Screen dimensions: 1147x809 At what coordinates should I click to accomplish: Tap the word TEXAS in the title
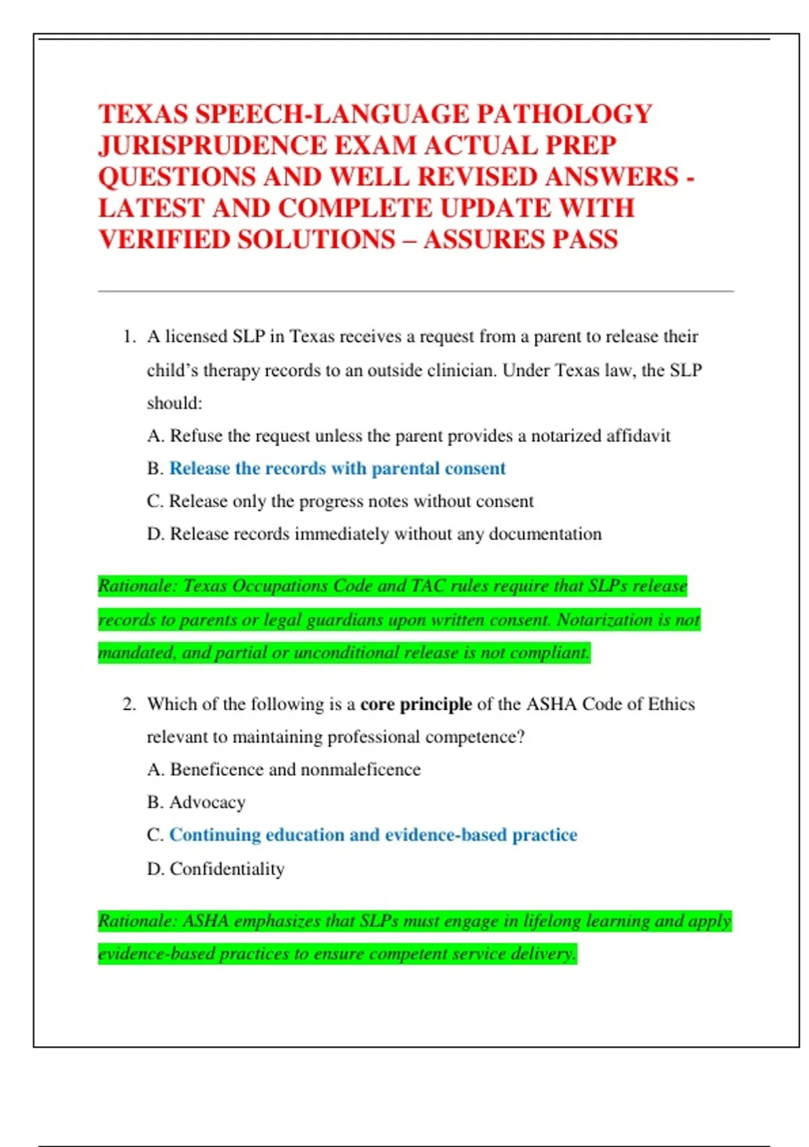pyautogui.click(x=142, y=114)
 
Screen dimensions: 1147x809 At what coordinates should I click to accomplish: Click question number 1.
pyautogui.click(x=129, y=336)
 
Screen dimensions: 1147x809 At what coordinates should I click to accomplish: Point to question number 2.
pyautogui.click(x=129, y=704)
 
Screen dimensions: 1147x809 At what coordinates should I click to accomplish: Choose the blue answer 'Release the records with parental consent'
pyautogui.click(x=337, y=468)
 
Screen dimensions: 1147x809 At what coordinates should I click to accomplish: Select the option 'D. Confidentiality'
pyautogui.click(x=216, y=868)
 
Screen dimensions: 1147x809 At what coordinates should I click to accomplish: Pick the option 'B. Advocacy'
pyautogui.click(x=196, y=802)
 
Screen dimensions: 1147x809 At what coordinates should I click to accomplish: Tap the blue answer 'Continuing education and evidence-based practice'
pyautogui.click(x=373, y=835)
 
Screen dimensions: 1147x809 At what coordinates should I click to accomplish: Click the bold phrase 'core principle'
pyautogui.click(x=416, y=704)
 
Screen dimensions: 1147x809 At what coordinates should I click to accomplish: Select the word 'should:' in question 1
pyautogui.click(x=175, y=403)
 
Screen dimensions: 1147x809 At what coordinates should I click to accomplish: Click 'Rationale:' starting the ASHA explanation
pyautogui.click(x=137, y=921)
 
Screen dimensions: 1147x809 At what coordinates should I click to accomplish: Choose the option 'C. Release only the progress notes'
pyautogui.click(x=340, y=501)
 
